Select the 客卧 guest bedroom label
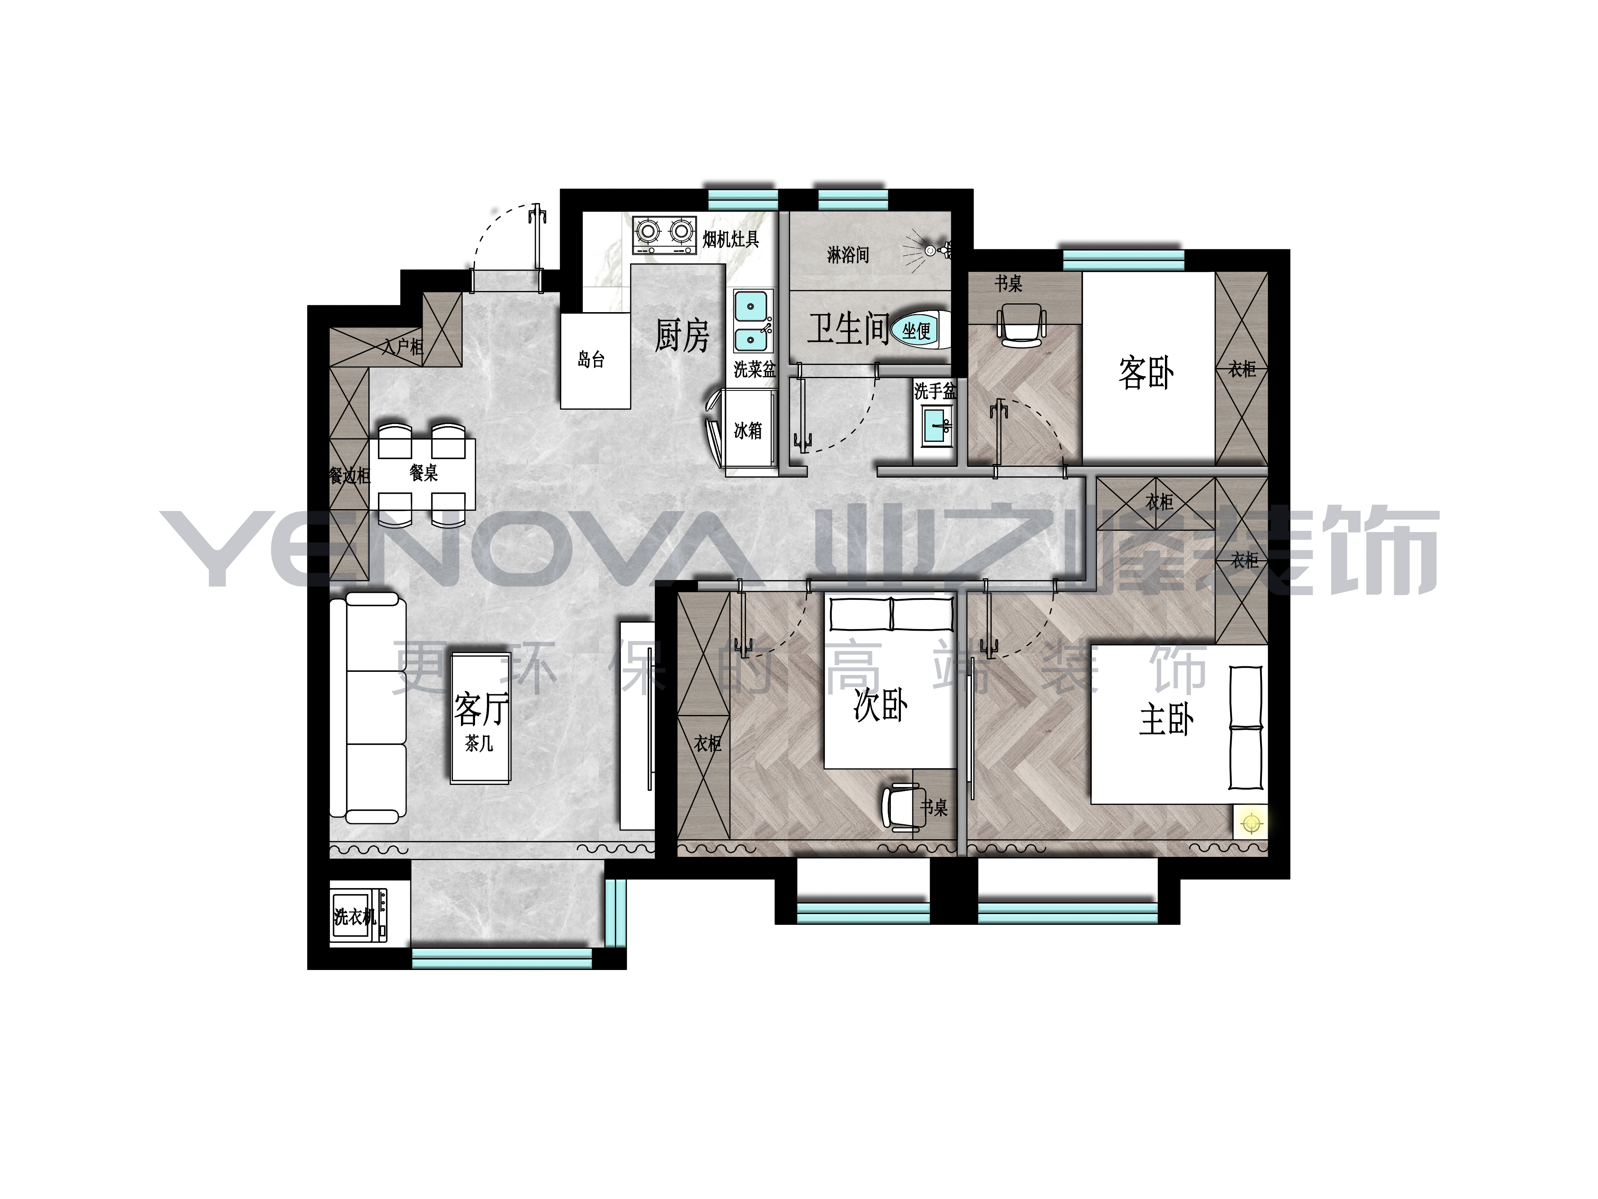(x=1146, y=373)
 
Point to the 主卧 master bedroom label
(x=1167, y=720)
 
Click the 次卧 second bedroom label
(x=880, y=705)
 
